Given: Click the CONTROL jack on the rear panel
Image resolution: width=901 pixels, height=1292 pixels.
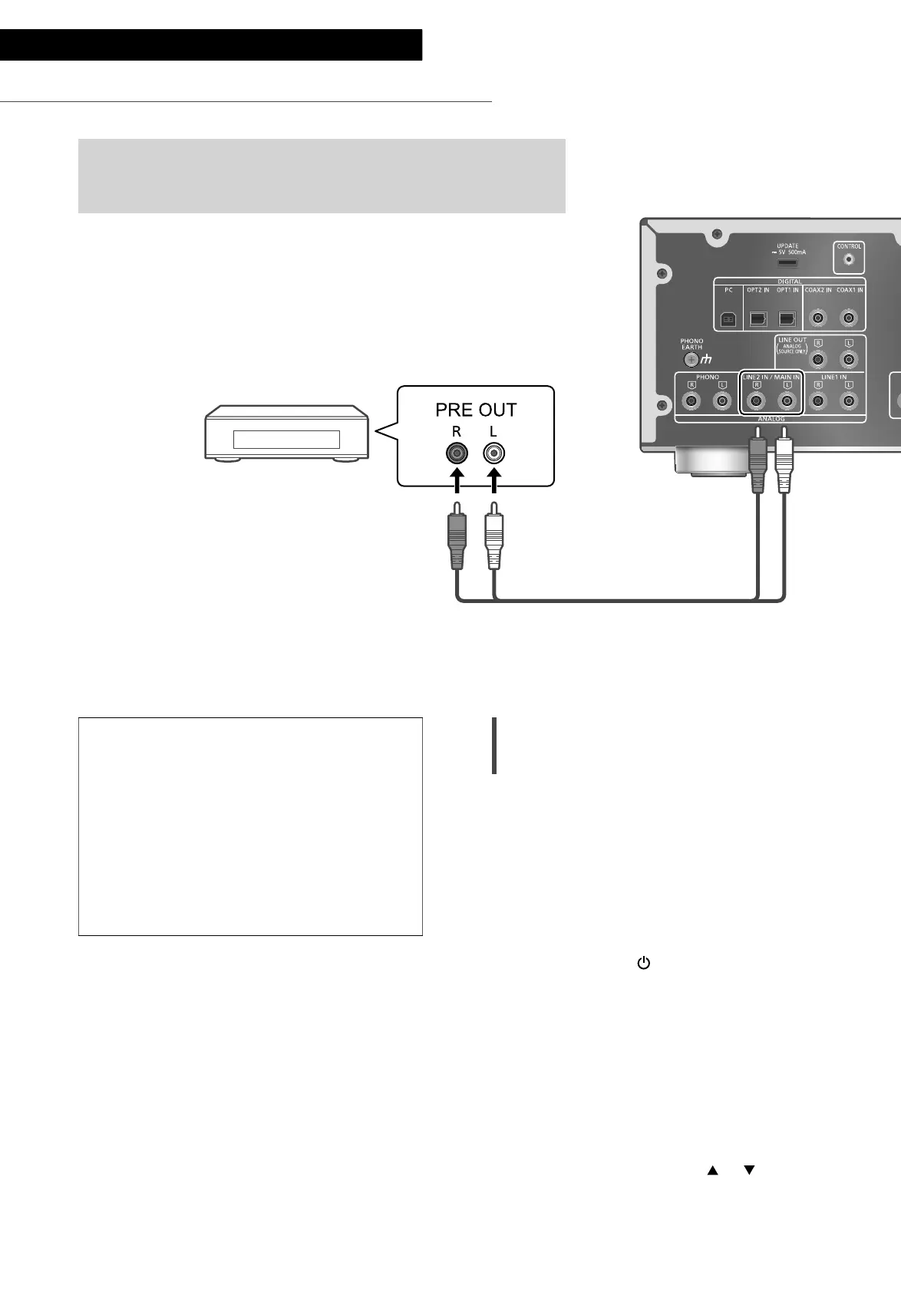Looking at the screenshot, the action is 848,260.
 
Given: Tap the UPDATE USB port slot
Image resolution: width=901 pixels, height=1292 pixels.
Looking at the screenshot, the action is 786,263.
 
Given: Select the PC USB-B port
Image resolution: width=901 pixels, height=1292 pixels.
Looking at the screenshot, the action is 729,318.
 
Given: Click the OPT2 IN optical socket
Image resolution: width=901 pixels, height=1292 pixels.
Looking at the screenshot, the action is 757,318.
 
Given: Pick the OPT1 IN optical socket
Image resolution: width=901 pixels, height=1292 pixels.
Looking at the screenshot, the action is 787,318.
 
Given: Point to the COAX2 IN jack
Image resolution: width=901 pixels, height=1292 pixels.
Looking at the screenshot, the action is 818,318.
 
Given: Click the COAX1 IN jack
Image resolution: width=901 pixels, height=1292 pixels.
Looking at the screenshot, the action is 848,318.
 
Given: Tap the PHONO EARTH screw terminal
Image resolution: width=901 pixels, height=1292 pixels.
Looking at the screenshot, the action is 691,359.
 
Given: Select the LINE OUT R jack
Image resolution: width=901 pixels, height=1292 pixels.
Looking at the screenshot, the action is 818,359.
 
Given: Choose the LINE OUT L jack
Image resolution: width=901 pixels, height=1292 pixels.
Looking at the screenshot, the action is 848,359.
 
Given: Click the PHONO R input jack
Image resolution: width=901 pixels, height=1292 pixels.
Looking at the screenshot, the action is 692,400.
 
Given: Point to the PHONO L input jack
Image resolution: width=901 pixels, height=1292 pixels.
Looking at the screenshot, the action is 721,400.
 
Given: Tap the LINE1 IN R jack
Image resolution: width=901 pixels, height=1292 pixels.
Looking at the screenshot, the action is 818,400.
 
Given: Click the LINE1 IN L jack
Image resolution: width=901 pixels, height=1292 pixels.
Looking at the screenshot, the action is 848,400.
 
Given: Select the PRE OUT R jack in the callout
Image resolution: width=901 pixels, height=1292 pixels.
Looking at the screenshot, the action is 457,454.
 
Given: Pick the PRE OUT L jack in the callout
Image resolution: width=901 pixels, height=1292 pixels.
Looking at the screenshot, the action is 493,454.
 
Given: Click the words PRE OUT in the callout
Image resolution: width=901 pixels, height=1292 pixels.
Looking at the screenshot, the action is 476,410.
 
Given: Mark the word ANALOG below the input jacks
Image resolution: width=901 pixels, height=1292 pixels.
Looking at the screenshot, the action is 770,419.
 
